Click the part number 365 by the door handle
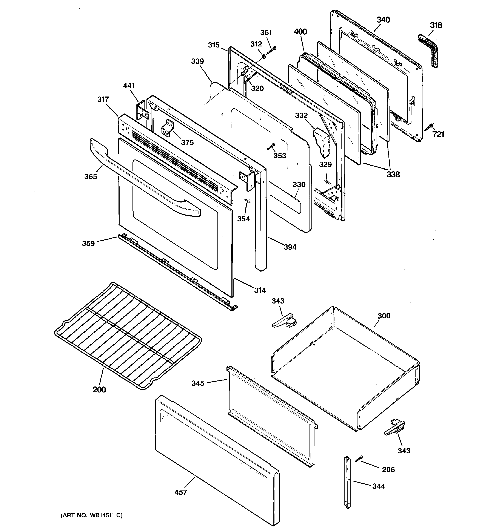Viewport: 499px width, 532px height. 91,177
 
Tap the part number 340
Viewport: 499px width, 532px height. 383,20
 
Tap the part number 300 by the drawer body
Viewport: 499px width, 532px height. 384,316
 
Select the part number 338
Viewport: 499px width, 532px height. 393,175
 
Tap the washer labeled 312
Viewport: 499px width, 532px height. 263,57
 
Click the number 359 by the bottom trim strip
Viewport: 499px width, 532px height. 88,243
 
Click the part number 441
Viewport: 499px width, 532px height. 129,86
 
